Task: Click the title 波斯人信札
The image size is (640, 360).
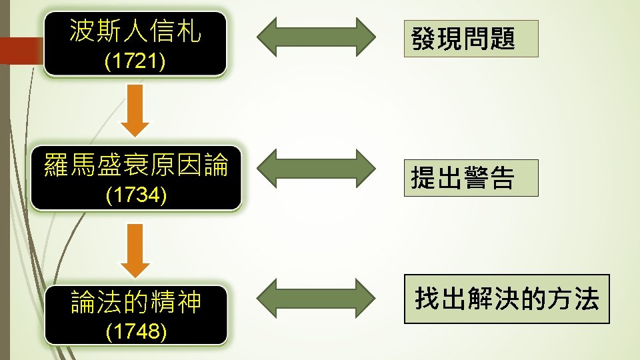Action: click(135, 31)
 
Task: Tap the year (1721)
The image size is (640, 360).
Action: click(136, 62)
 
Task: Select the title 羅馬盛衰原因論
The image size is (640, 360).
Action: click(136, 164)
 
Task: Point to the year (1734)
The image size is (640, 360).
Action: click(136, 195)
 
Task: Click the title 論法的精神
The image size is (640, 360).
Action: click(136, 302)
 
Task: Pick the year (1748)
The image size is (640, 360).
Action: click(136, 331)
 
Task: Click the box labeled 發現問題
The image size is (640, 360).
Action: click(471, 39)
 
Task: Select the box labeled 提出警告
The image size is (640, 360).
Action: click(471, 177)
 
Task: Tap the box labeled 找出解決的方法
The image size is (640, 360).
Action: click(507, 299)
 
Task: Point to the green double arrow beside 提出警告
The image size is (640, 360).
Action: click(316, 168)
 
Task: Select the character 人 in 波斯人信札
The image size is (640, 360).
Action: click(135, 31)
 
